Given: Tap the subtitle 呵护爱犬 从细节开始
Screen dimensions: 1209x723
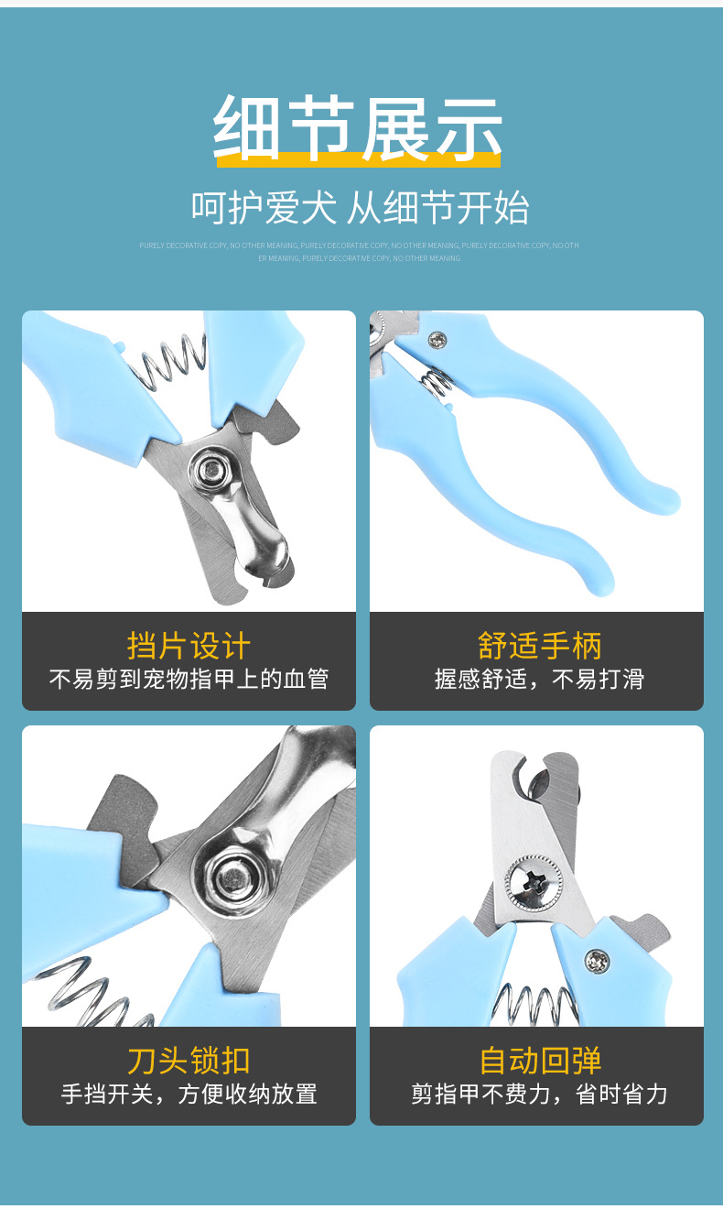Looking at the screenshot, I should pos(360,207).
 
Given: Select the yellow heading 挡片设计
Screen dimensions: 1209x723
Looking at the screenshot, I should pos(189,645).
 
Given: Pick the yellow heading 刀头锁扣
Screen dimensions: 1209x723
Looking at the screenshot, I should pos(189,1061).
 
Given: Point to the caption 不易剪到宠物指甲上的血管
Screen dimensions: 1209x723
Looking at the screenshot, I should pos(189,679).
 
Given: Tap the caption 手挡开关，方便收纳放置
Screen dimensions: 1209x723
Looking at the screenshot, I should pos(189,1094).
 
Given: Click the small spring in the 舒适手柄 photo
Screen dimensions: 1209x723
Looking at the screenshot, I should pos(437,381).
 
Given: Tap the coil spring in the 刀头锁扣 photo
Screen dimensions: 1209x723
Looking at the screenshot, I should pos(87,994).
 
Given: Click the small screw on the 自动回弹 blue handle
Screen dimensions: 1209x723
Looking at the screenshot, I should pos(599,961).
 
